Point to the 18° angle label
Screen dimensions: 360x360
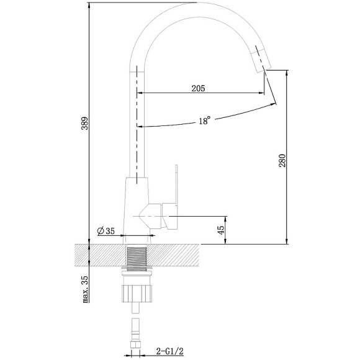coord(205,122)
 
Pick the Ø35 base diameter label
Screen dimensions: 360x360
coord(106,232)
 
